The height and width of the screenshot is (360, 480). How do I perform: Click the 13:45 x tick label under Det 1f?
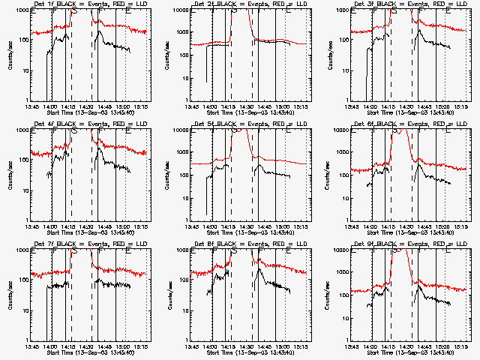coord(31,106)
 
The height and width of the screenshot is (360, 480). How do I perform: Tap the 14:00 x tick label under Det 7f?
coord(51,346)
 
